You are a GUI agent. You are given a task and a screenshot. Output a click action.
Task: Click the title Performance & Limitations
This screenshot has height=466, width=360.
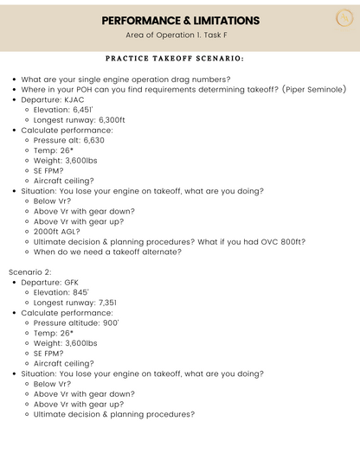[x=180, y=20]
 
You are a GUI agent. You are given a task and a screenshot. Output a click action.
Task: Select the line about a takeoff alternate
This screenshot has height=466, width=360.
[x=107, y=252]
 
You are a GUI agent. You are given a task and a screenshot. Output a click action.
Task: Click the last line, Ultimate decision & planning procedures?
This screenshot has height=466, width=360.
[x=114, y=414]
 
